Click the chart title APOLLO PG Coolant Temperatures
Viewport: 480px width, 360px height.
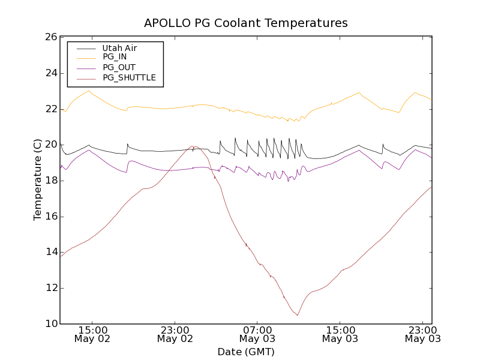(246, 23)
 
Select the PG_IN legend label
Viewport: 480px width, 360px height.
(115, 57)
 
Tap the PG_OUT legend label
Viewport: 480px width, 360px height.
(119, 67)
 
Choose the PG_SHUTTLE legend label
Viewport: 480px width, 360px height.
(129, 77)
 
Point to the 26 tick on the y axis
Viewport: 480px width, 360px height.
(50, 37)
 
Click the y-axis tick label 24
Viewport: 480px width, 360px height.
(50, 73)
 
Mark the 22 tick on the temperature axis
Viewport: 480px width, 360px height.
(50, 109)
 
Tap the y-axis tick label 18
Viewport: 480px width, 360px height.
(50, 181)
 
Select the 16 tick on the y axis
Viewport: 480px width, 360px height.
(50, 217)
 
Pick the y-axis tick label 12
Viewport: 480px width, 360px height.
(50, 288)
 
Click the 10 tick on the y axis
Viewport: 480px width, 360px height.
(50, 324)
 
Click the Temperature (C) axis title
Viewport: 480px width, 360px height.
(38, 180)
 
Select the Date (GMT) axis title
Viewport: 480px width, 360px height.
(246, 352)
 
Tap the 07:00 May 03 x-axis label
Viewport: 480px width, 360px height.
(257, 334)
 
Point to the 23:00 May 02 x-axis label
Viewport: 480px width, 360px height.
(175, 334)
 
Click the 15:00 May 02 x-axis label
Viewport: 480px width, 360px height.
(92, 334)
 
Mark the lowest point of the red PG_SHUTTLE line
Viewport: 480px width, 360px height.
(297, 315)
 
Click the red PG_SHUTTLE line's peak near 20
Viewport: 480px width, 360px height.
(193, 146)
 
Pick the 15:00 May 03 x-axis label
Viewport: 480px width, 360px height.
(340, 334)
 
